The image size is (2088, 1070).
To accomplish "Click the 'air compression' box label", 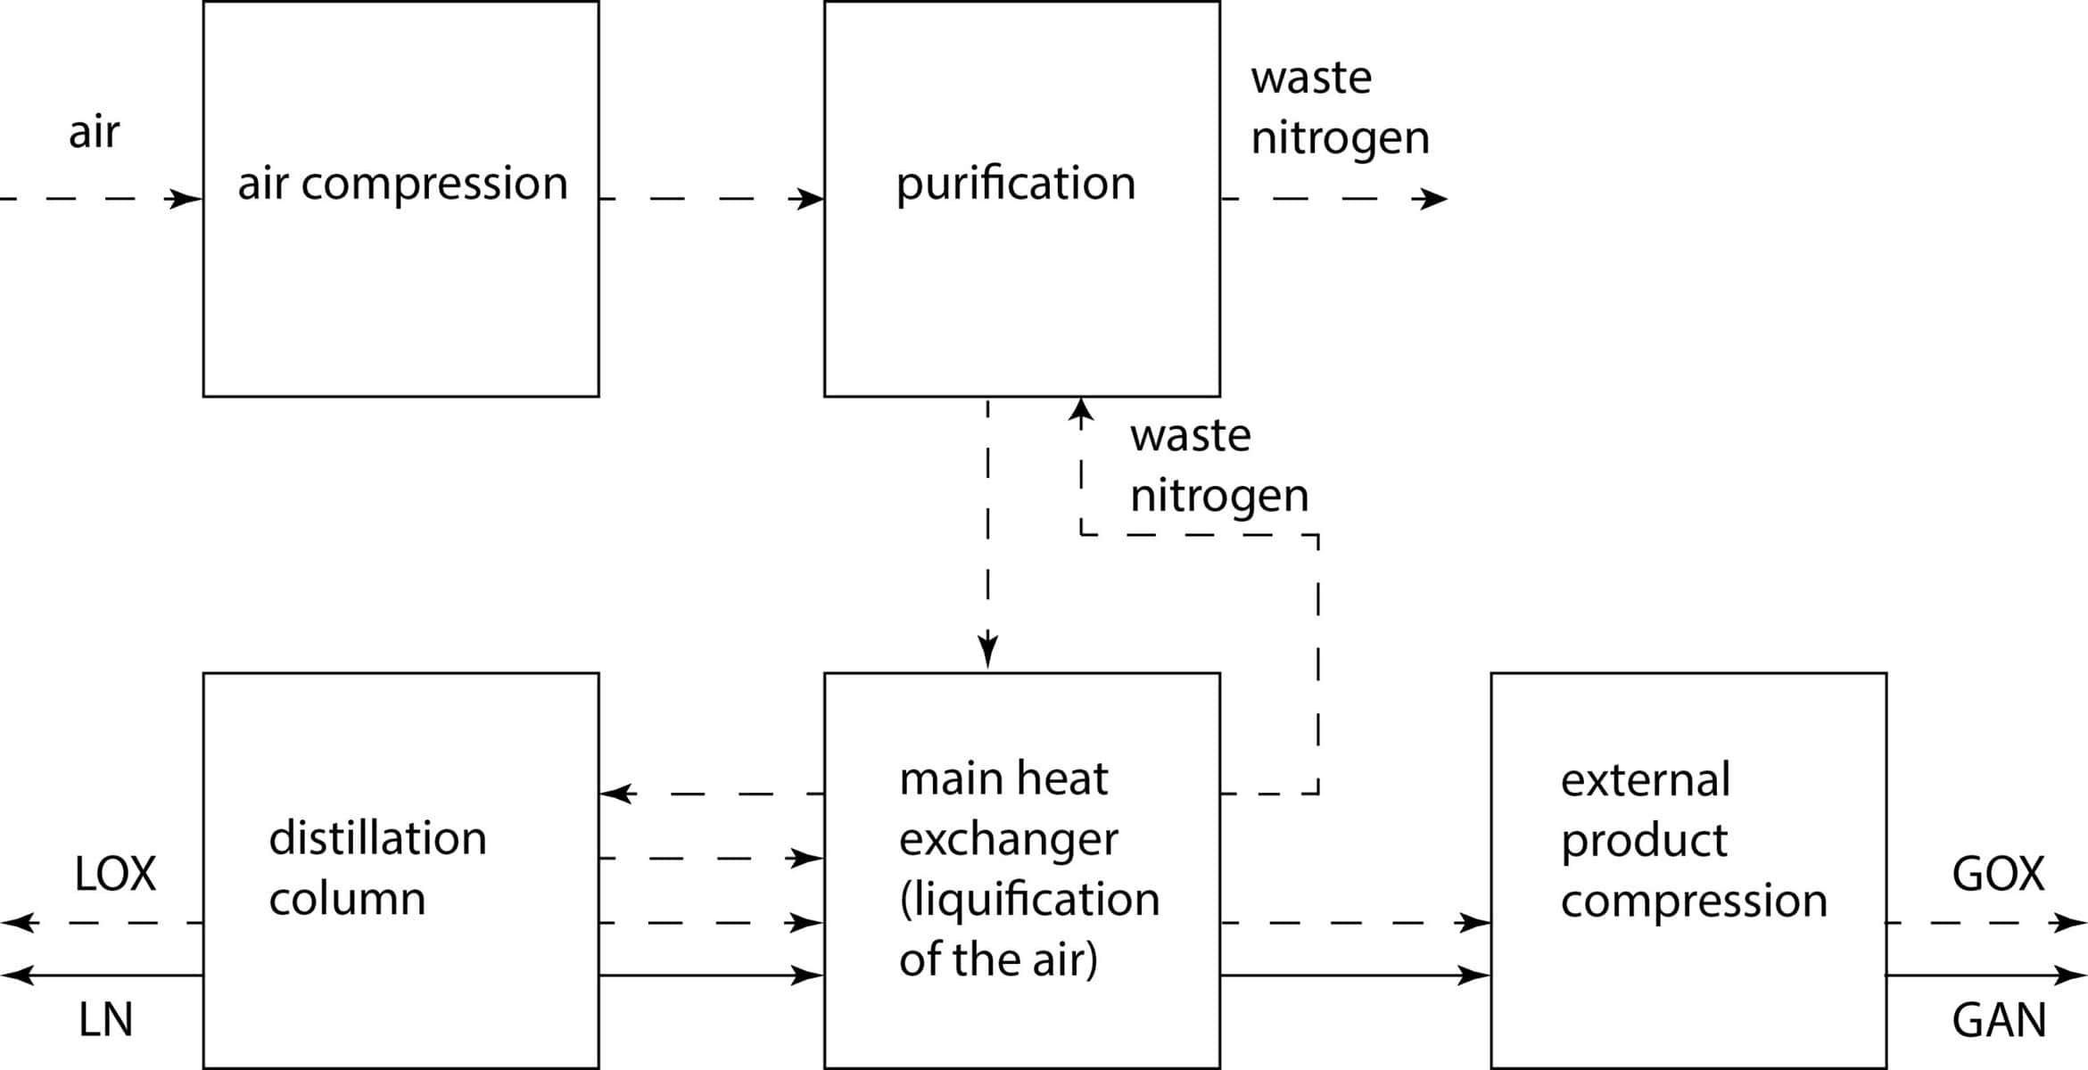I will click(402, 184).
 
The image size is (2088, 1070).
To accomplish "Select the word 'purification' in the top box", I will click(1015, 184).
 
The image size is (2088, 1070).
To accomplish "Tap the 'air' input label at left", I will click(94, 132).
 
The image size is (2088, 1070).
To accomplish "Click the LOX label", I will click(115, 874).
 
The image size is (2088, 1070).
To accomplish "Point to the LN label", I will click(105, 1019).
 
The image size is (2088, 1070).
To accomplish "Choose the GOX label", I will click(1998, 874).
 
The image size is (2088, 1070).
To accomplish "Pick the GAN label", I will click(1999, 1019).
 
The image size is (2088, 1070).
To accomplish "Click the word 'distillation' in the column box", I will click(377, 838).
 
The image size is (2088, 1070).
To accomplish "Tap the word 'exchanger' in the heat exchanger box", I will click(1008, 839).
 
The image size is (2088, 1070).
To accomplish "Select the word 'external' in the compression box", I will click(1645, 779).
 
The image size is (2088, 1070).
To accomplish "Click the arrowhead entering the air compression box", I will click(186, 199).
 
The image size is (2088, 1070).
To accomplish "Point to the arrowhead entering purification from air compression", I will click(806, 199).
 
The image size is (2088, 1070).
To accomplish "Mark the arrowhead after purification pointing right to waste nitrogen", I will click(1430, 199).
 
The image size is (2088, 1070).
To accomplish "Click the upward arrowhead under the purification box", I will click(1081, 413).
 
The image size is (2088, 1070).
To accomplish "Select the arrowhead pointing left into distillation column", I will click(617, 794).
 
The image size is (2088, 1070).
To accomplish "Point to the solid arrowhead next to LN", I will click(18, 975).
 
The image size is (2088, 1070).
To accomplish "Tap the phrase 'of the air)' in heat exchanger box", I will click(997, 959).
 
